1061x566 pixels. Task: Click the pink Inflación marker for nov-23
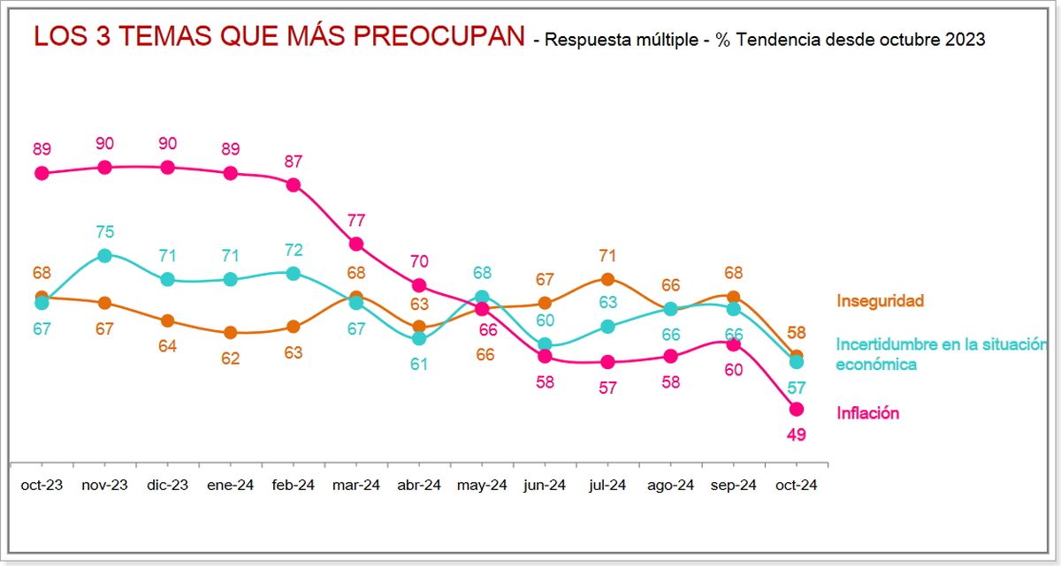105,167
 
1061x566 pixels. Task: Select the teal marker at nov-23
105,255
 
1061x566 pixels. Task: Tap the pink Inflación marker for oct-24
796,409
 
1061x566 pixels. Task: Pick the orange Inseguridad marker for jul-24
607,279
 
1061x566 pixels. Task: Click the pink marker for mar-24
356,244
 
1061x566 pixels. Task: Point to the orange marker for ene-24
231,333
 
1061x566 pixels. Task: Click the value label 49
796,434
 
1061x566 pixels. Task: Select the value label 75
105,232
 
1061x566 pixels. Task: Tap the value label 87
294,162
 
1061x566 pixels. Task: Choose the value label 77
356,221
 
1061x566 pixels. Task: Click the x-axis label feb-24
294,486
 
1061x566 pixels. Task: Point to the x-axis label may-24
482,486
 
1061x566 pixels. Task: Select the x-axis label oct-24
796,486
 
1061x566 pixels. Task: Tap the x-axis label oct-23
42,486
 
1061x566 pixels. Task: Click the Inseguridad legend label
880,302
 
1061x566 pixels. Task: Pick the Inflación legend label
867,412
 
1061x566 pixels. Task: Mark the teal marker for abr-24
419,338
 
